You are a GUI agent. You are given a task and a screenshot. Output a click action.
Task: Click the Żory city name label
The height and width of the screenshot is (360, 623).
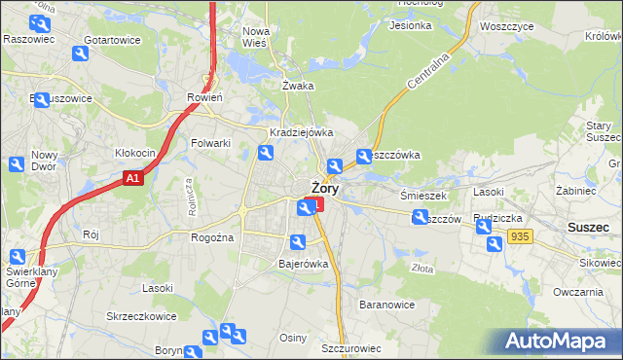pos(324,189)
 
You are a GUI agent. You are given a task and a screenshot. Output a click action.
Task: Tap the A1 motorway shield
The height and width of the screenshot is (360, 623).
pos(134,178)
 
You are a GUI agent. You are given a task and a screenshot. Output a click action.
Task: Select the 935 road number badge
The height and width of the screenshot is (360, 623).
pos(520,236)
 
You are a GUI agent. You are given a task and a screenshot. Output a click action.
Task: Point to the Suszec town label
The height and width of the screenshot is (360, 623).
pos(588,227)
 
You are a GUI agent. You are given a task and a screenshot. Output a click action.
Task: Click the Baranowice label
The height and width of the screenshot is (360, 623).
pos(387,305)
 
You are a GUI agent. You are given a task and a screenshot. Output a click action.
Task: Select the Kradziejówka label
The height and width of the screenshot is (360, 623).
pos(302,132)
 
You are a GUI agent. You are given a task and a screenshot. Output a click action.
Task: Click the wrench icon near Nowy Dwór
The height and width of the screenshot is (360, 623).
pos(17,164)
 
